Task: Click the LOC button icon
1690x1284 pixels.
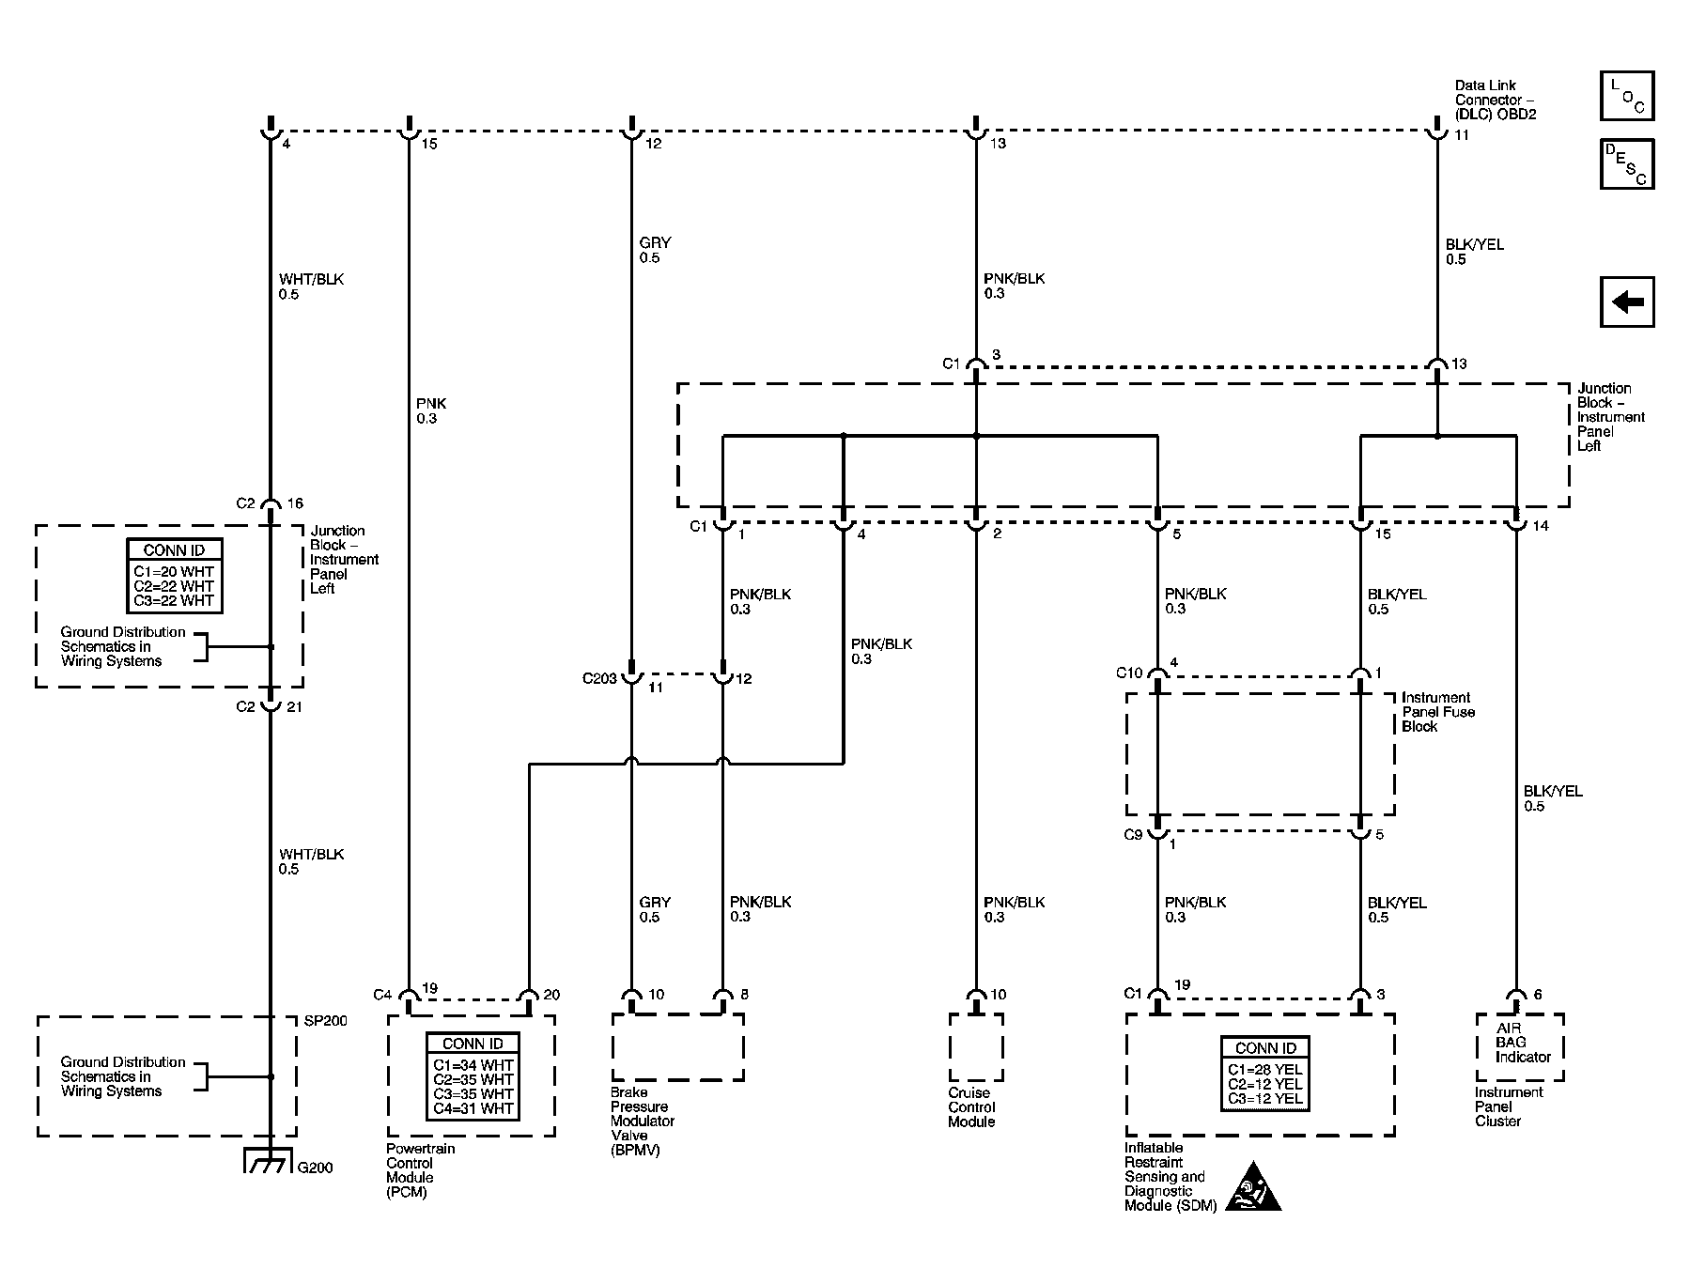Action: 1627,96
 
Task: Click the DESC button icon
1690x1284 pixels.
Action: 1627,164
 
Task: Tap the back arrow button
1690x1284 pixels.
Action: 1627,302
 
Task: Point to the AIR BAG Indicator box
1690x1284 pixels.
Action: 1519,1043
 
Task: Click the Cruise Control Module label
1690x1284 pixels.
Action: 971,1107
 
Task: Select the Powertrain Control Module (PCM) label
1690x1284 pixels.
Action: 420,1170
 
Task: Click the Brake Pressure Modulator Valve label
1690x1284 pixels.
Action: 643,1122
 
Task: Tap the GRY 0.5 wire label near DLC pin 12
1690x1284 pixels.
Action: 655,250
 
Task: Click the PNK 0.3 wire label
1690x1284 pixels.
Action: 430,410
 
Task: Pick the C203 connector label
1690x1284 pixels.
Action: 599,678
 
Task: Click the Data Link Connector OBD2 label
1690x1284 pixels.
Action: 1496,100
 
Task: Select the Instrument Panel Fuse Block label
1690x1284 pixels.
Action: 1437,712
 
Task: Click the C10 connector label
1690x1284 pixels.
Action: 1128,673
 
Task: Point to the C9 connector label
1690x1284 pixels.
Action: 1133,834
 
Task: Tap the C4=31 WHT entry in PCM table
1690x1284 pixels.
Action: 473,1108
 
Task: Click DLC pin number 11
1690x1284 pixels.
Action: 1462,135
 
